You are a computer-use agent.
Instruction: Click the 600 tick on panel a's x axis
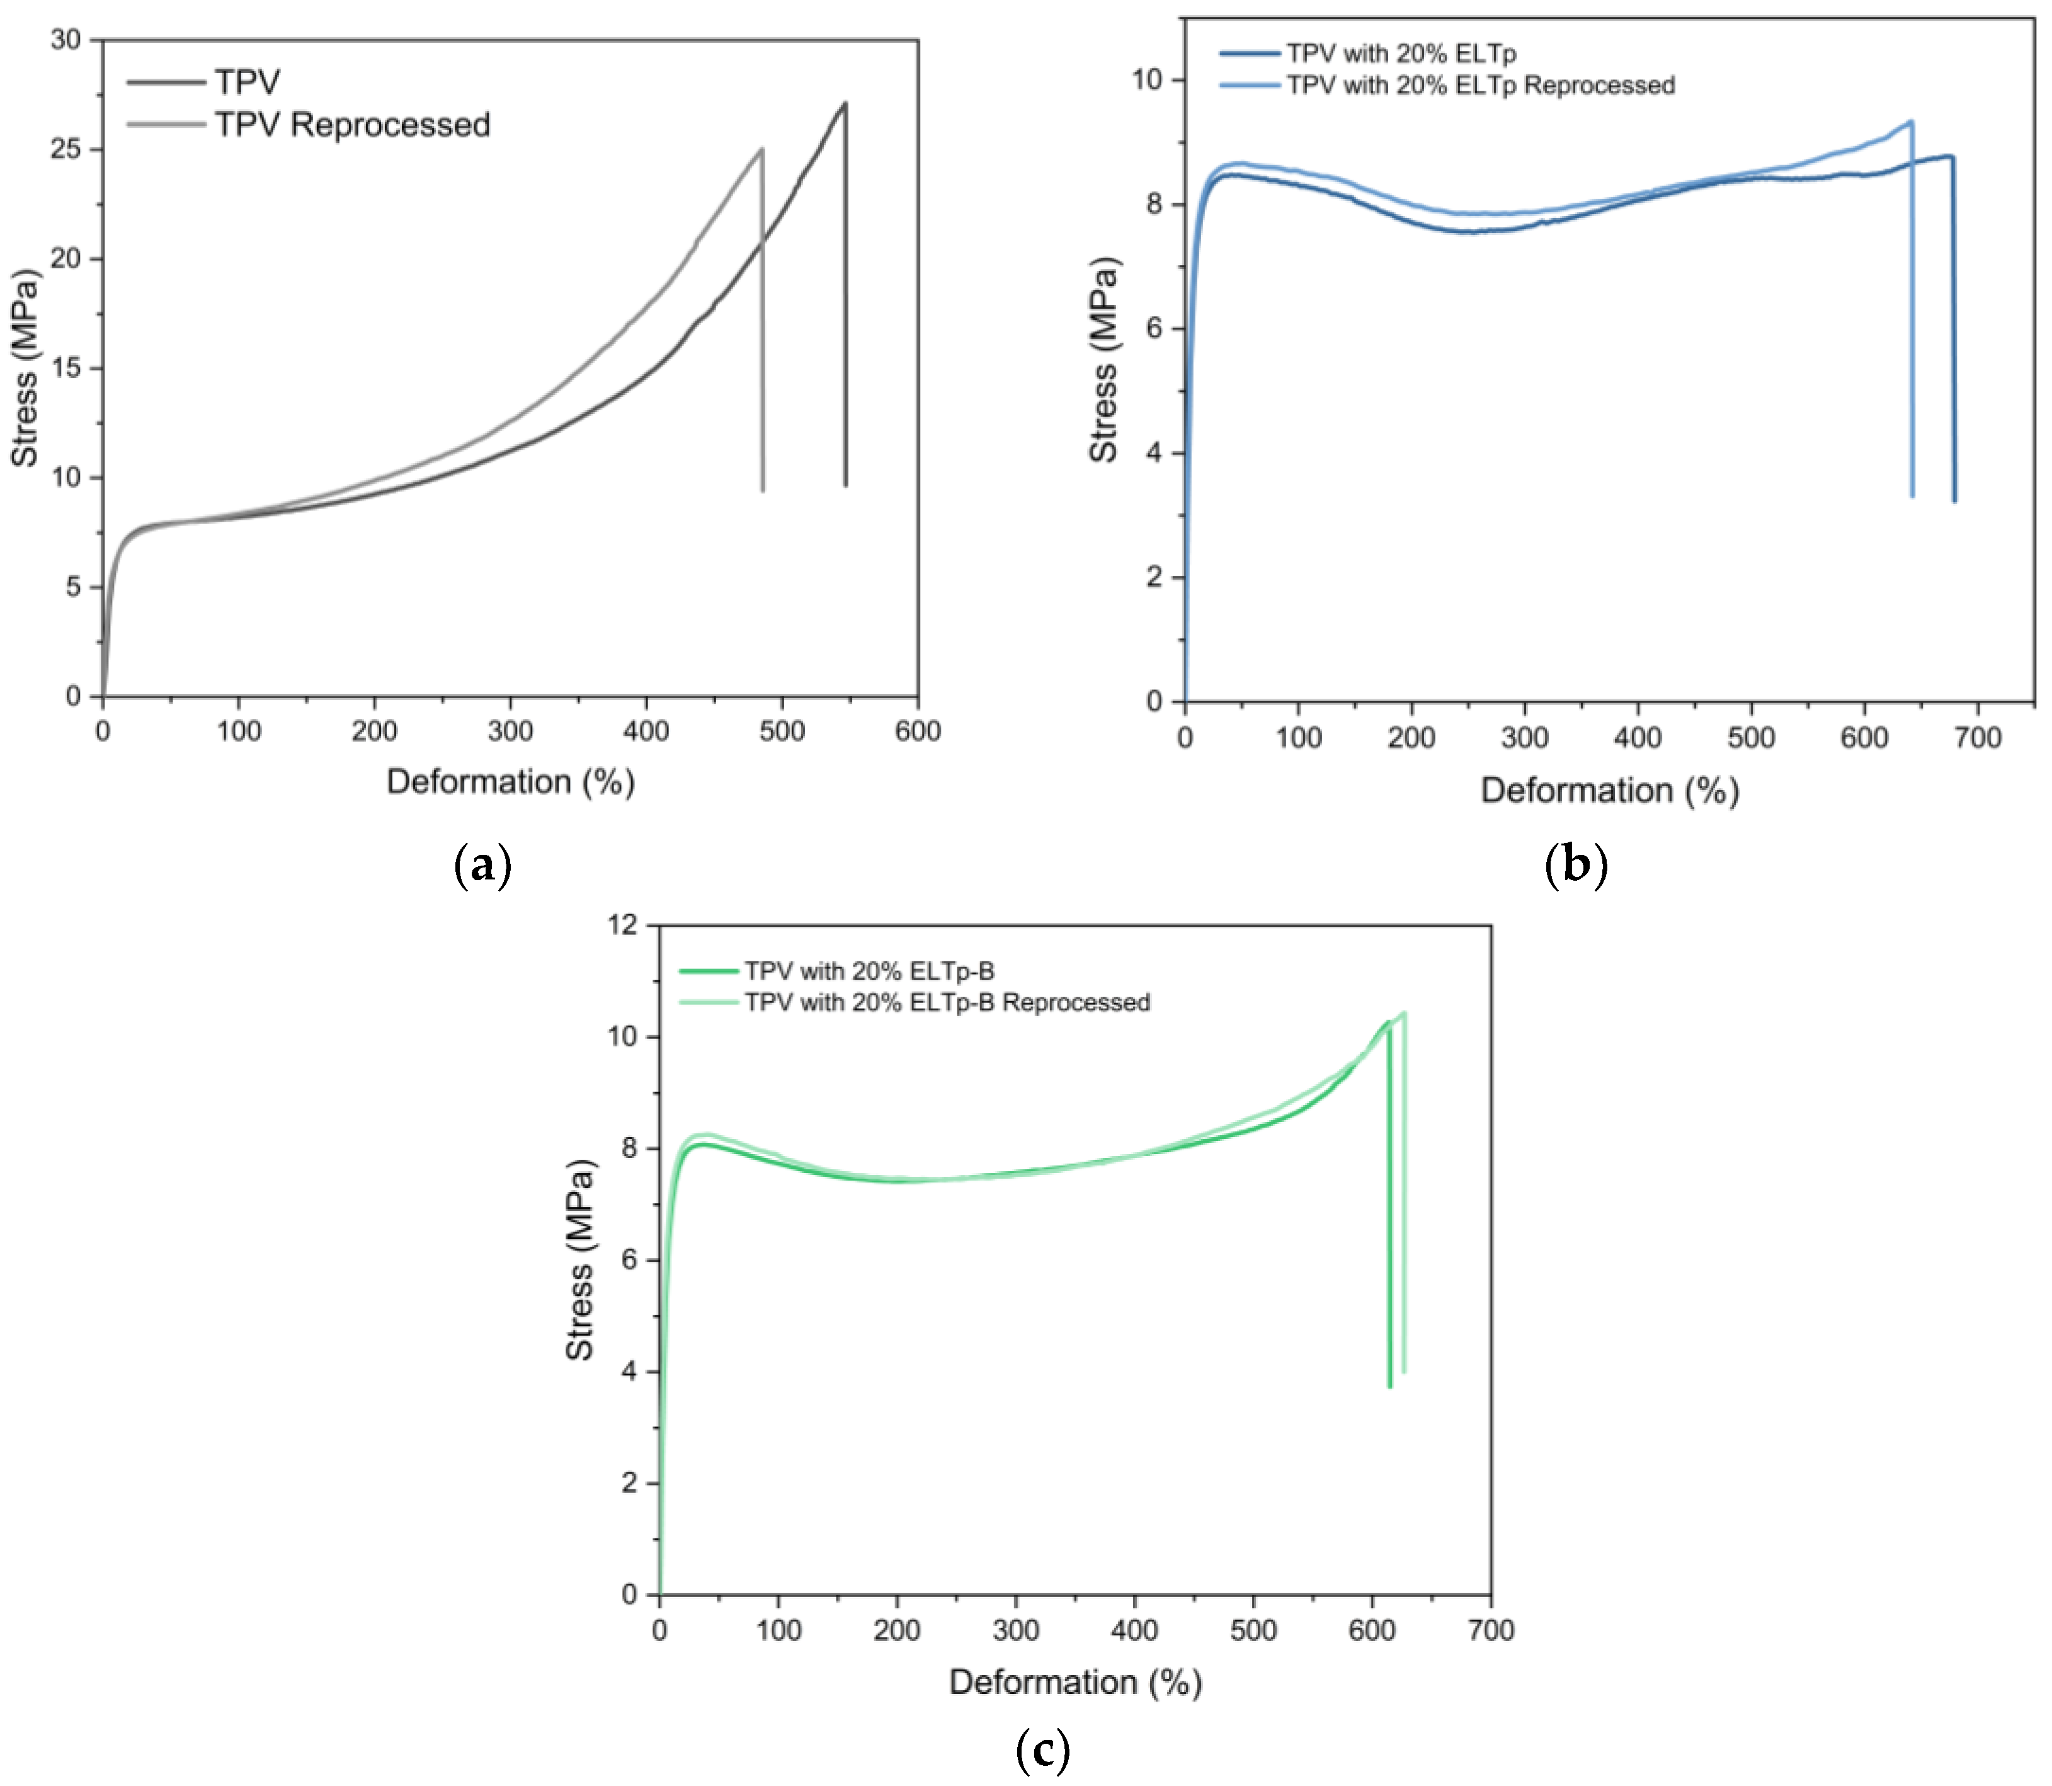point(917,731)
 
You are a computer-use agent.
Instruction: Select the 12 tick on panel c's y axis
point(623,925)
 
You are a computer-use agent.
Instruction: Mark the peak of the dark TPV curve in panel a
point(844,103)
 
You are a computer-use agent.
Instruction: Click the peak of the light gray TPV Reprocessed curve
point(761,149)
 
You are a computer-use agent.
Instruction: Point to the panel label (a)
point(482,864)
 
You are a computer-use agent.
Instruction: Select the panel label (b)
point(1575,864)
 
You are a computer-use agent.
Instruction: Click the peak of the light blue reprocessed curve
point(1910,122)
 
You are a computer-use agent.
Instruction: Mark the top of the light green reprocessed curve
point(1403,1014)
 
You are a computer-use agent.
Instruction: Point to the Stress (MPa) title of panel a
point(25,368)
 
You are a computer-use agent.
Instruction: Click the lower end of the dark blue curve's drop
point(1954,500)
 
